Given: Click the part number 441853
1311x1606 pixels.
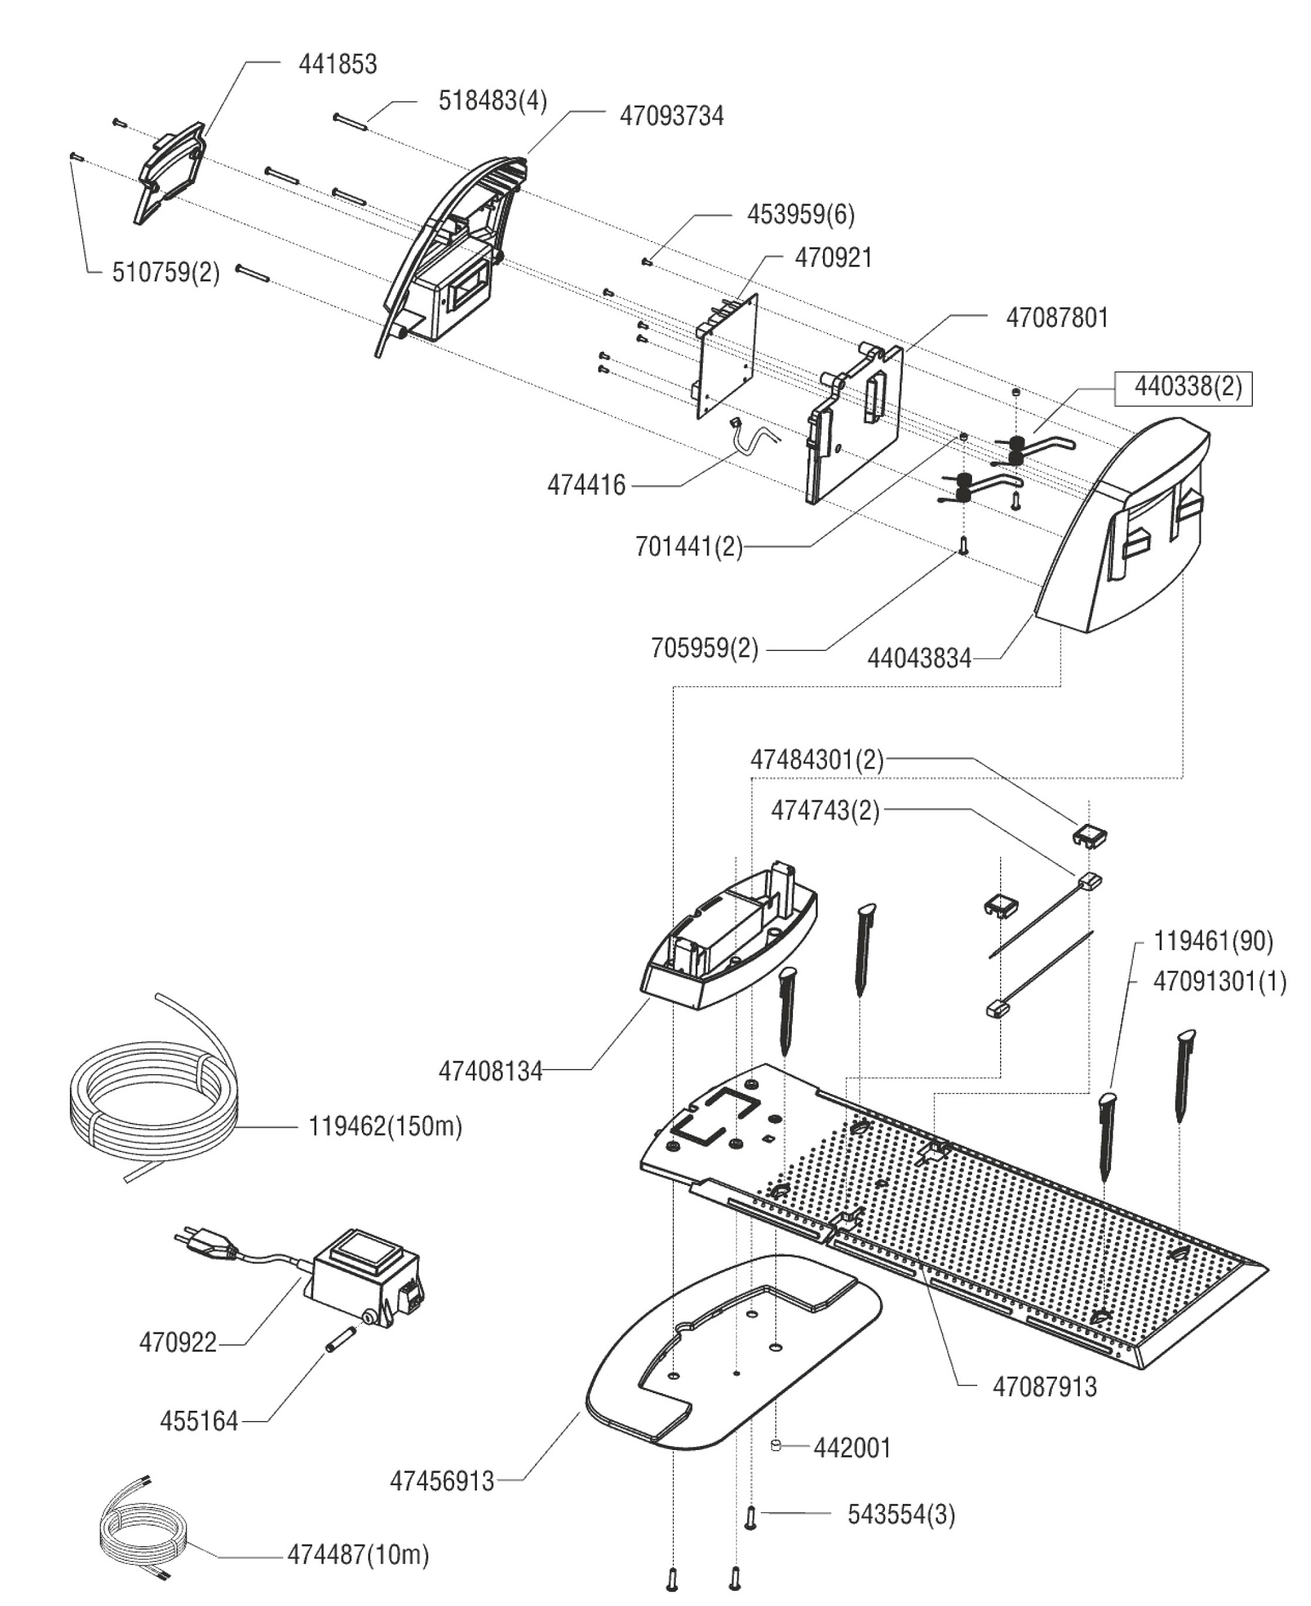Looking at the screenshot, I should pyautogui.click(x=338, y=64).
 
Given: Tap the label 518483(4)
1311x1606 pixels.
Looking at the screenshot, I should pyautogui.click(x=493, y=101).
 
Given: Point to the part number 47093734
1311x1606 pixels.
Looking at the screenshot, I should pyautogui.click(x=672, y=116).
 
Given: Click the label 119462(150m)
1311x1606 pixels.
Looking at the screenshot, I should pyautogui.click(x=385, y=1127).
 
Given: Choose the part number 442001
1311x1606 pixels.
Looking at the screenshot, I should pyautogui.click(x=852, y=1448).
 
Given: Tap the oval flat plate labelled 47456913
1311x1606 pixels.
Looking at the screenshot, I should pyautogui.click(x=725, y=1359).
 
